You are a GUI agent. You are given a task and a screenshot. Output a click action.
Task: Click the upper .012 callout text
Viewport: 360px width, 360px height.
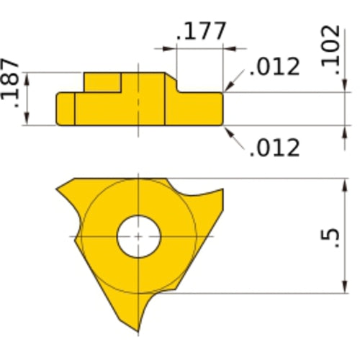tap(274, 67)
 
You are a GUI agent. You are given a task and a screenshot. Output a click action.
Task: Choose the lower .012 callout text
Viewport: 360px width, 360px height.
tap(274, 147)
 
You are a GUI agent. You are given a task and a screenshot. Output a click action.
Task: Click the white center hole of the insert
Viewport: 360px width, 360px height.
tap(138, 235)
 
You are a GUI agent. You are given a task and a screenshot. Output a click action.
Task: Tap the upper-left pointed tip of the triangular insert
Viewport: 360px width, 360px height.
tap(58, 186)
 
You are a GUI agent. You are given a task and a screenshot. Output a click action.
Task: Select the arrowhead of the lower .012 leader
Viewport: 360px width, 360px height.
tap(226, 128)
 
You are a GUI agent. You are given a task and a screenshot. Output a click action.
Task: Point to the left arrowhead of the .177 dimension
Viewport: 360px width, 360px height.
tap(171, 49)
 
